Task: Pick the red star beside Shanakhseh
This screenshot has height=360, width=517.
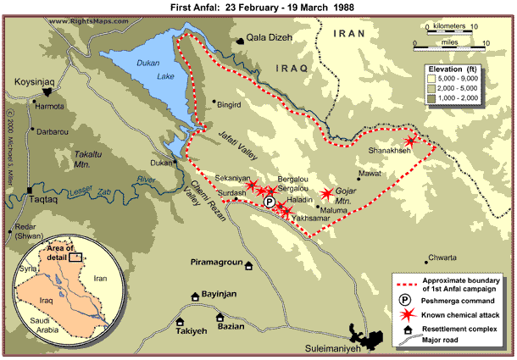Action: (x=411, y=141)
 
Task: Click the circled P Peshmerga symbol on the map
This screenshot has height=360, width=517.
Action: (x=269, y=202)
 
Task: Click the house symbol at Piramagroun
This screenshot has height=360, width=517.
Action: (x=248, y=266)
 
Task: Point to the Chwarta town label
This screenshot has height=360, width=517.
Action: (x=442, y=257)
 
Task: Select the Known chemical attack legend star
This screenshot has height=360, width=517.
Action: (x=405, y=313)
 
